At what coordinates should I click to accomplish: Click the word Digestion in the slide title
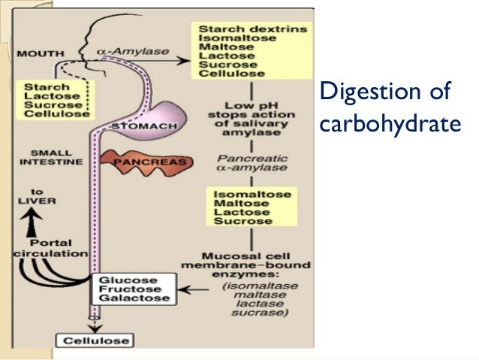(358, 94)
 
